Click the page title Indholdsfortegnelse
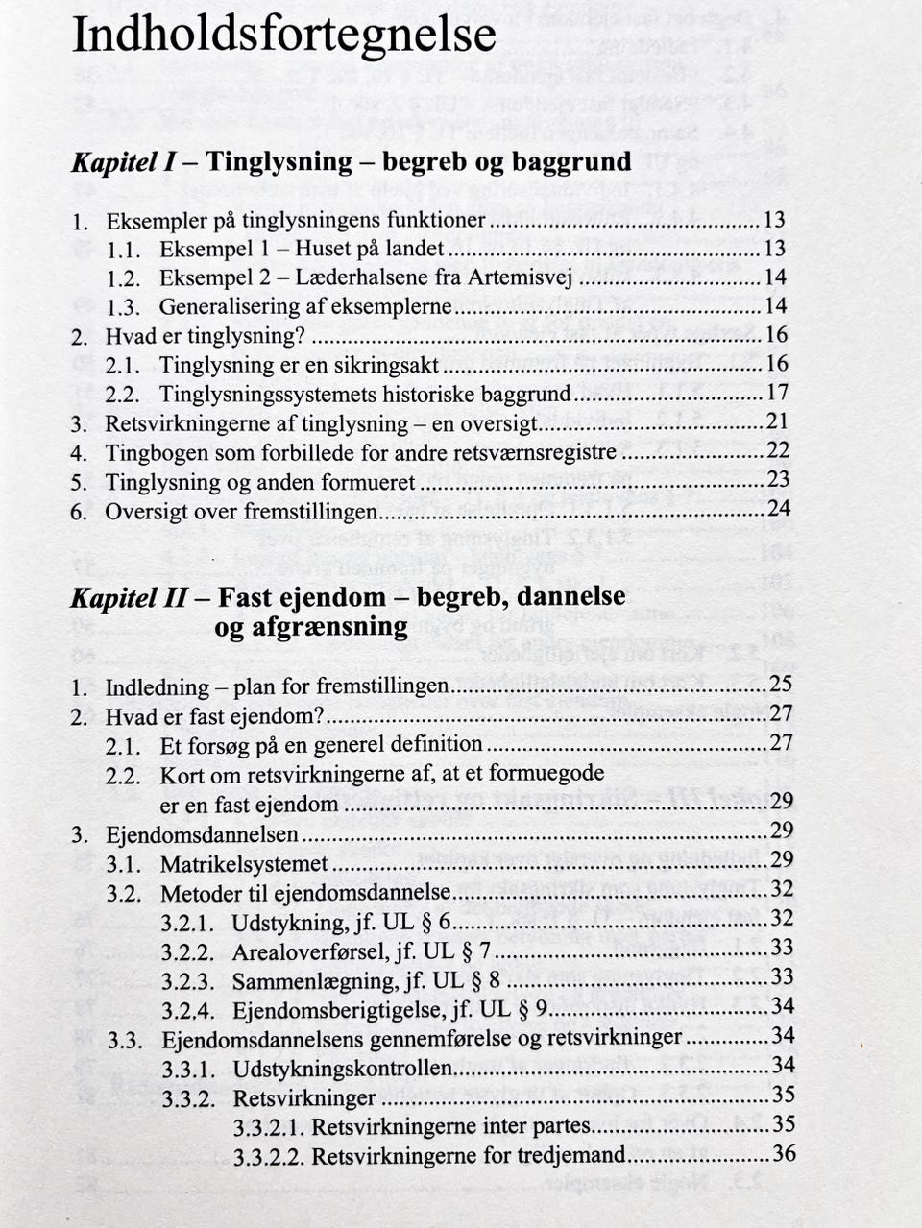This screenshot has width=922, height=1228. pyautogui.click(x=284, y=36)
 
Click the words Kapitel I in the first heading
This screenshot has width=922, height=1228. pyautogui.click(x=122, y=161)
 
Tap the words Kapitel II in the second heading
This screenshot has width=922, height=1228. pyautogui.click(x=129, y=597)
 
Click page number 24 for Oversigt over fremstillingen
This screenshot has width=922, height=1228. pyautogui.click(x=778, y=509)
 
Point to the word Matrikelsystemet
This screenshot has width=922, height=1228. pyautogui.click(x=244, y=864)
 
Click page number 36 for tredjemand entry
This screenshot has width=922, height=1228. pyautogui.click(x=784, y=1153)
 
